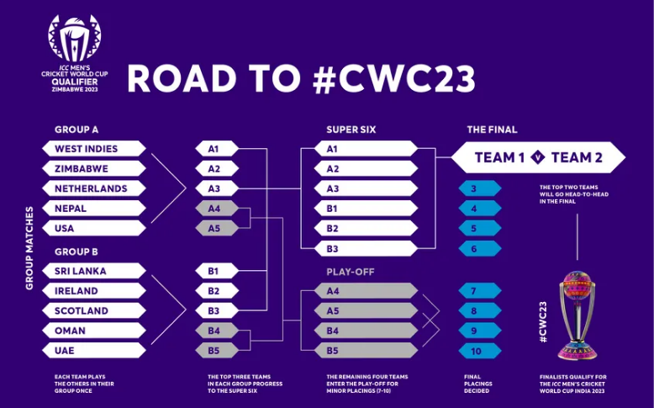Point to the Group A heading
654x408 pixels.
[x=76, y=130]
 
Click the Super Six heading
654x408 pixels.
[x=351, y=130]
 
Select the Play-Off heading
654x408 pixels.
[x=351, y=273]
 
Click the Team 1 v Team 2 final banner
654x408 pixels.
[x=538, y=157]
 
